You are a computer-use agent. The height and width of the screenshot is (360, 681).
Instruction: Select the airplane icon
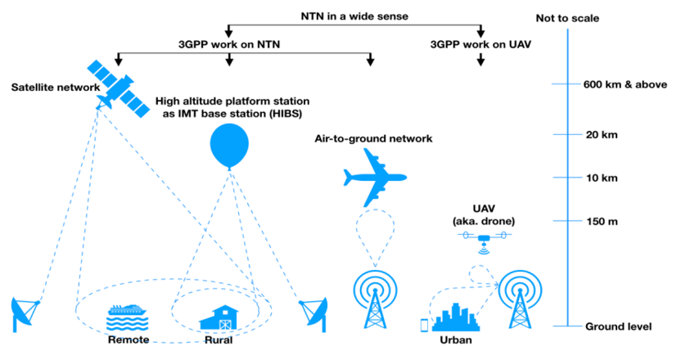point(373,181)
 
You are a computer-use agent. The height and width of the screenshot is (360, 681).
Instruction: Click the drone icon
point(485,238)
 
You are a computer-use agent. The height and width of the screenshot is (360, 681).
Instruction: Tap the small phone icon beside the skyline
point(425,324)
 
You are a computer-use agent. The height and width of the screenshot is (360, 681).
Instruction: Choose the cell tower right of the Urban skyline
point(518,299)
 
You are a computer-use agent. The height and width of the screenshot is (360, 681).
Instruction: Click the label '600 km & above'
point(620,83)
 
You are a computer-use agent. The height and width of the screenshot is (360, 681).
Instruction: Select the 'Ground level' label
point(618,326)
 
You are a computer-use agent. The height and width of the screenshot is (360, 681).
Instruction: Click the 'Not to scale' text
point(571,19)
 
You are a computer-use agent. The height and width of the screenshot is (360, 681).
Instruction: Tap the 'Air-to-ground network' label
point(373,139)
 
